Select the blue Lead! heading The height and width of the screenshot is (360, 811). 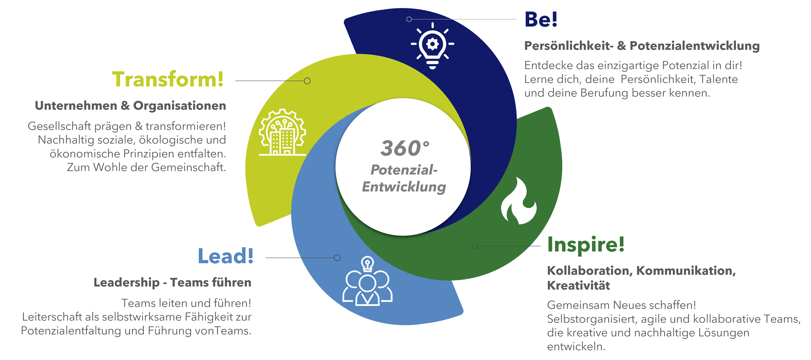click(x=225, y=256)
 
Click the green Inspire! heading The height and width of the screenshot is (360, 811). click(x=586, y=245)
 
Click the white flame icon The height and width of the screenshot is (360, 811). click(x=519, y=201)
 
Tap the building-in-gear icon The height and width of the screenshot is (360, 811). click(x=282, y=132)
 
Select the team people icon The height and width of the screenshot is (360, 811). click(x=367, y=281)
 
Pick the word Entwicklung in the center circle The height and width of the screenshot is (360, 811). click(x=404, y=187)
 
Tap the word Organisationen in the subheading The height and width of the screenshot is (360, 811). click(x=179, y=106)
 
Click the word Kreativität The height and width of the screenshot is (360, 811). click(x=578, y=285)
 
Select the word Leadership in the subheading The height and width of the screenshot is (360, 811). click(x=126, y=283)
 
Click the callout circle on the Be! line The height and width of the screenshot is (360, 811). click(x=409, y=19)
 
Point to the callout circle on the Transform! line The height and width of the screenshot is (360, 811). click(x=307, y=81)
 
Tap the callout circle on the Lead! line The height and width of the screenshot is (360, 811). click(x=337, y=258)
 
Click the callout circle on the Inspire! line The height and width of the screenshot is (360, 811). click(x=475, y=246)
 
